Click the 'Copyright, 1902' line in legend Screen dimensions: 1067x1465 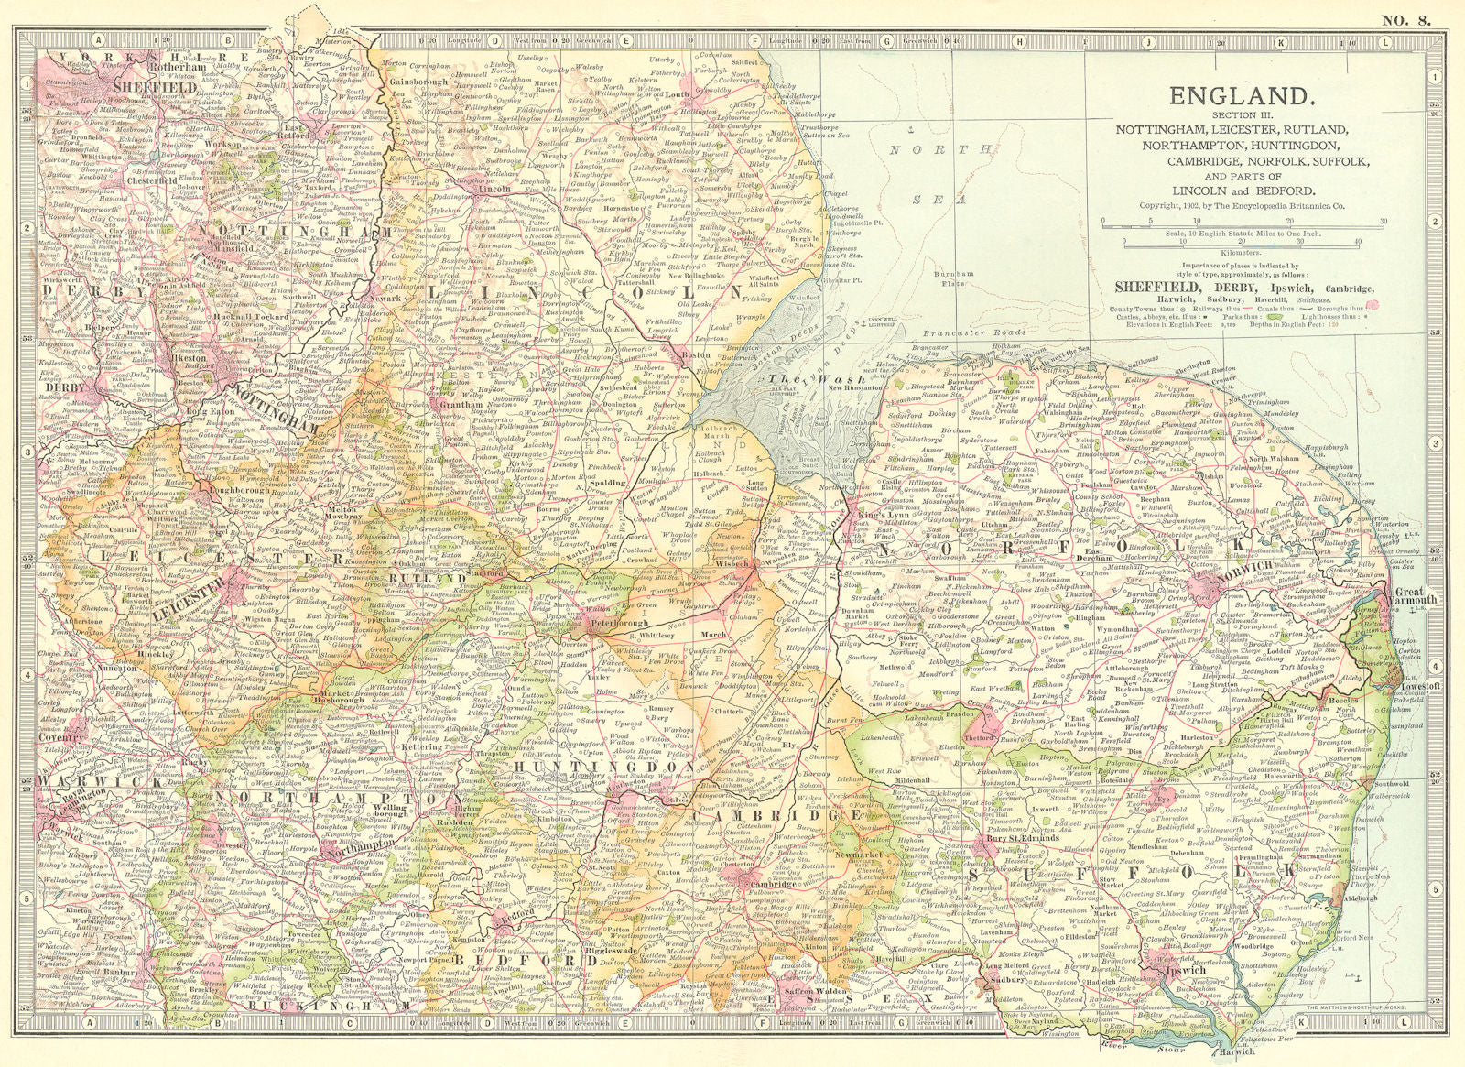[1242, 207]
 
